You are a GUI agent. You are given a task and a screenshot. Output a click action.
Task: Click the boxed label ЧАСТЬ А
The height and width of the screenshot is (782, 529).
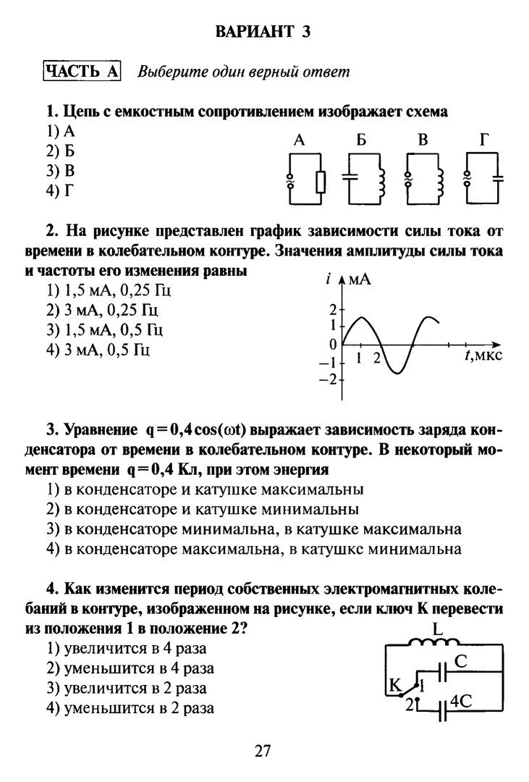(x=82, y=71)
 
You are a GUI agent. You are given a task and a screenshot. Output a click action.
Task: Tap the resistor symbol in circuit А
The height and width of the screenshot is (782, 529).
(x=321, y=181)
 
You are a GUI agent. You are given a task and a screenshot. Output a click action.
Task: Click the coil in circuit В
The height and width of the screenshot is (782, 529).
(x=439, y=181)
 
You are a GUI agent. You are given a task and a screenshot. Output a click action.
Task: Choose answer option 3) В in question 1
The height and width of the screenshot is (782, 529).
(x=61, y=171)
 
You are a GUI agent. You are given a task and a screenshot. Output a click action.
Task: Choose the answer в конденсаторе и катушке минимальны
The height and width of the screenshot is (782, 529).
(x=203, y=509)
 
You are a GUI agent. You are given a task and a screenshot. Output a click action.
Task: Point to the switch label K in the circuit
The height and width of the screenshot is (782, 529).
(x=394, y=684)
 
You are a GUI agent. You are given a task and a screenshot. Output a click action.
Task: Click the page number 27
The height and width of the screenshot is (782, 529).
(x=263, y=750)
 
